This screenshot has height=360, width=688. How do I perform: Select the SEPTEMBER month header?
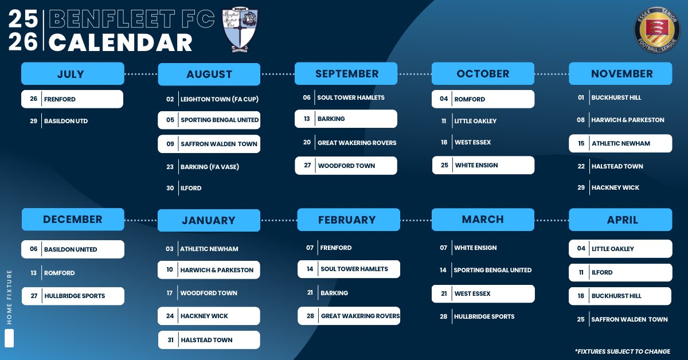[x=346, y=74]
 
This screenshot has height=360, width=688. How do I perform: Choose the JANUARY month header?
[x=209, y=221]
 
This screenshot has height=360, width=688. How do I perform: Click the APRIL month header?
[x=621, y=220]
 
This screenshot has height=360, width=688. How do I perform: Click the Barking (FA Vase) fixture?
[x=209, y=167]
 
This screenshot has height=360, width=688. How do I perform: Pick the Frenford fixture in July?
[x=72, y=99]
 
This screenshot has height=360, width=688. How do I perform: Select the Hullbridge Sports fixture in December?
[x=73, y=296]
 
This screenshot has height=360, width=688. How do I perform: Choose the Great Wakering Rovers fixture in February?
[x=349, y=316]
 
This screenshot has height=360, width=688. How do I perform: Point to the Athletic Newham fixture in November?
[x=620, y=143]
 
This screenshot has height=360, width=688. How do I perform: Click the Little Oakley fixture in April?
[x=620, y=249]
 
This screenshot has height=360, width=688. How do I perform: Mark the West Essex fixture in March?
[x=483, y=294]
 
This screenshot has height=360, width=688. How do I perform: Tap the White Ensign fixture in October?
[x=483, y=165]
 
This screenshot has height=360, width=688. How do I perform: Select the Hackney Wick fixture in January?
[x=209, y=316]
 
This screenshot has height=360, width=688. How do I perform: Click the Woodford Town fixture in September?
[x=346, y=166]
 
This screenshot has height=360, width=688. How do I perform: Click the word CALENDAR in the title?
[x=120, y=43]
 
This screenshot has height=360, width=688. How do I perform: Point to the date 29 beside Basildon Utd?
[x=34, y=121]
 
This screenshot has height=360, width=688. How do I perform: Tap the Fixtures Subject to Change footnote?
[x=622, y=351]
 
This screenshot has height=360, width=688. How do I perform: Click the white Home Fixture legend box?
[x=9, y=338]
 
